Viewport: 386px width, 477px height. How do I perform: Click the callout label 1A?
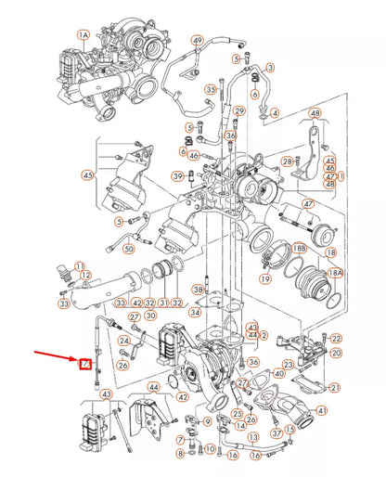[x=83, y=35]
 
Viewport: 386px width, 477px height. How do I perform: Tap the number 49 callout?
[x=197, y=42]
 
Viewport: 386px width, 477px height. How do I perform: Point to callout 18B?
[x=298, y=250]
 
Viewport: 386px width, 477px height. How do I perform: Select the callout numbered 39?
[x=176, y=175]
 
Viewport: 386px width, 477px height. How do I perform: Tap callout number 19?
[x=266, y=277]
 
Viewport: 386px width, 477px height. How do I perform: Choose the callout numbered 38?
[x=198, y=290]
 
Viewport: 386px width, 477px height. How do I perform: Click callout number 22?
[x=336, y=339]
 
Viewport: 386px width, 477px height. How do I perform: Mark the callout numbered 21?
[x=335, y=387]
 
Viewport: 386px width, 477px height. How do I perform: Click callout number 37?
[x=277, y=432]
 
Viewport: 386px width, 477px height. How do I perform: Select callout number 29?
[x=240, y=110]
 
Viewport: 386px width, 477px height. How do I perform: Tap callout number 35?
[x=211, y=89]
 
